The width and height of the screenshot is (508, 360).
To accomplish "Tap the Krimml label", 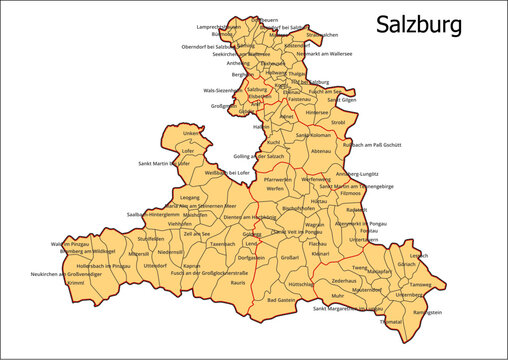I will [x=75, y=283].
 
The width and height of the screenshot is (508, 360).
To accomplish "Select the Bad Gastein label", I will [x=285, y=300].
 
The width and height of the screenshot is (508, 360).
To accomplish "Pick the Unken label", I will [x=190, y=132].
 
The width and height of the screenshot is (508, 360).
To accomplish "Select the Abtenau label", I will [x=321, y=151].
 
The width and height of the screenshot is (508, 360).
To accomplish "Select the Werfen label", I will [x=275, y=188].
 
